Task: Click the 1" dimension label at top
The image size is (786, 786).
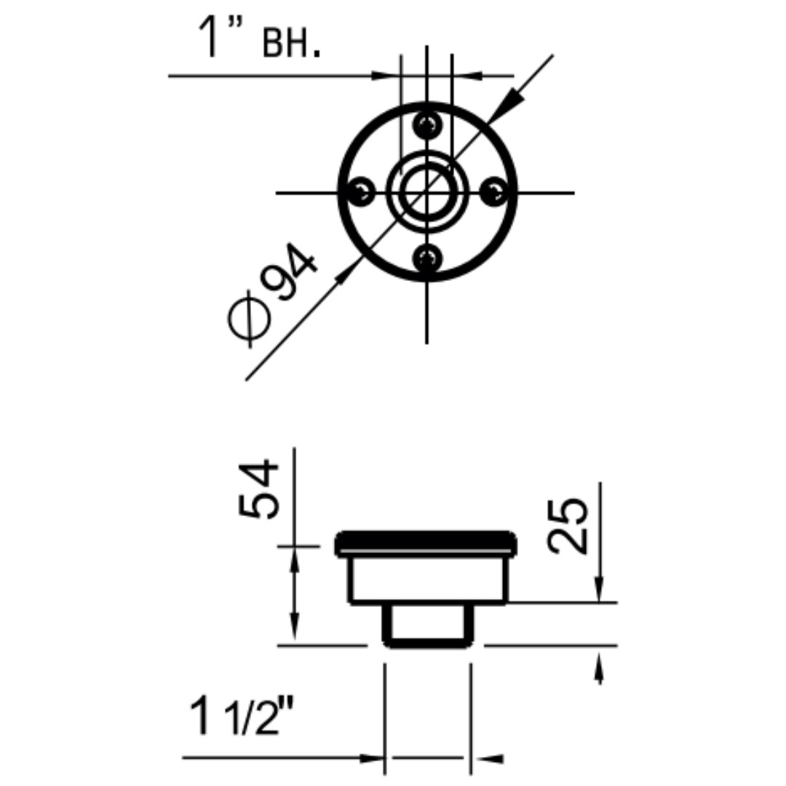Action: click(x=220, y=37)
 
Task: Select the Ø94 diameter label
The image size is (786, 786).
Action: click(x=272, y=295)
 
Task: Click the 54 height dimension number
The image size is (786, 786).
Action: click(x=258, y=490)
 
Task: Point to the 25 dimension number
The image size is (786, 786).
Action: click(x=568, y=526)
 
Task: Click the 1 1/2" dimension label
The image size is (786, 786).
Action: click(x=242, y=717)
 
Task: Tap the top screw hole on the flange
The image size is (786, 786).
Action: click(x=427, y=123)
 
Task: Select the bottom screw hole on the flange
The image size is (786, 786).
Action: click(x=427, y=258)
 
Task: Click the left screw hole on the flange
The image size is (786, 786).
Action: click(x=361, y=191)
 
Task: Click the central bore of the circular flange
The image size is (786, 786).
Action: click(x=426, y=191)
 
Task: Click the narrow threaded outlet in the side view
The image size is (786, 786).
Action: click(x=427, y=625)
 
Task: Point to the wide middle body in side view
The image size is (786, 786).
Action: click(x=429, y=579)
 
